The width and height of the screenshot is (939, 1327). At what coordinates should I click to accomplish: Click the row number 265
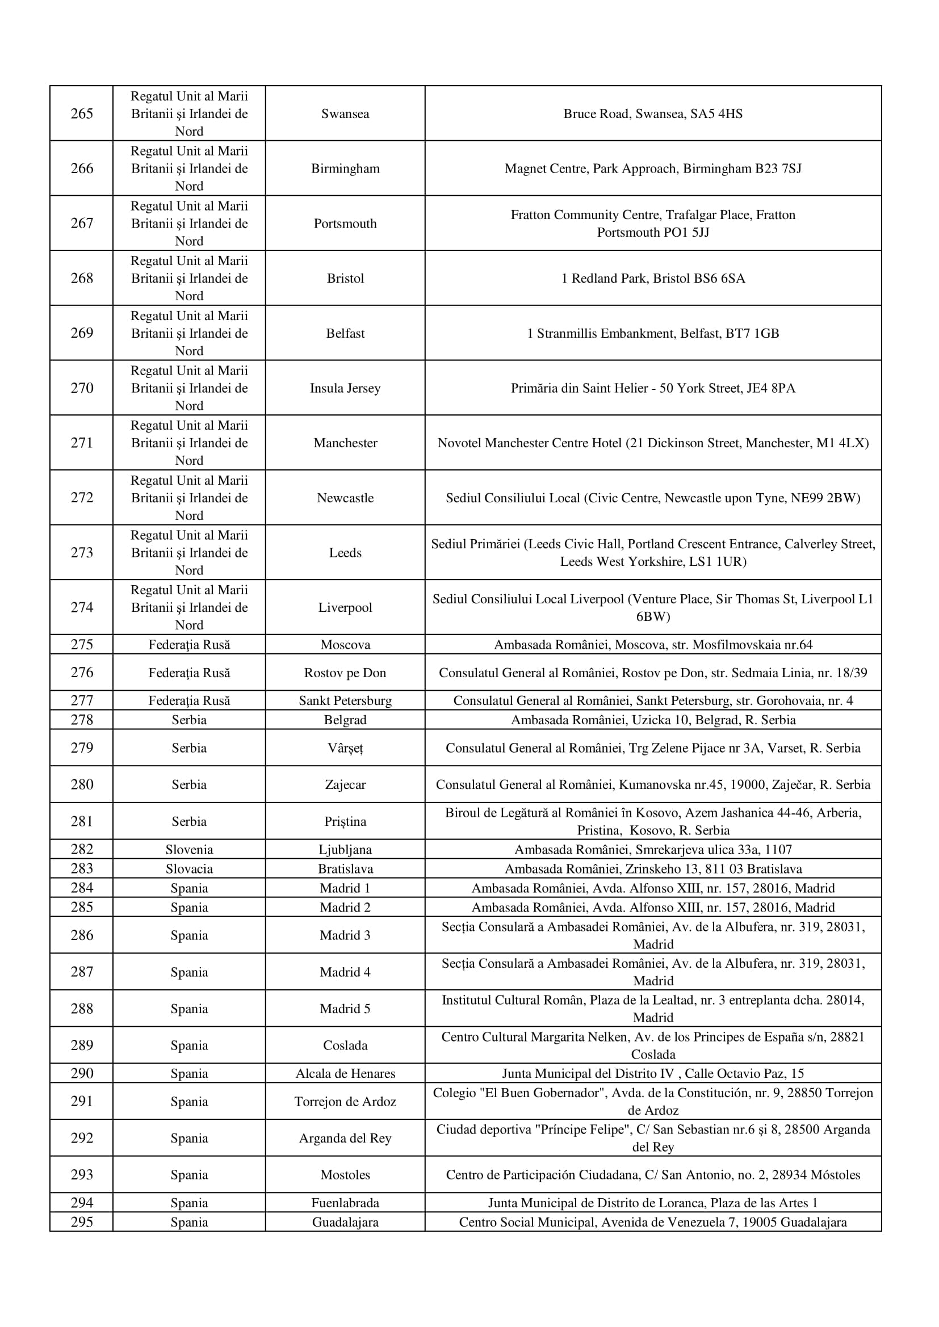82,114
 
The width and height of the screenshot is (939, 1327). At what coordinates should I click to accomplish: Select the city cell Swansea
345,114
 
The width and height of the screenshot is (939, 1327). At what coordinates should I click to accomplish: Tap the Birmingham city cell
345,168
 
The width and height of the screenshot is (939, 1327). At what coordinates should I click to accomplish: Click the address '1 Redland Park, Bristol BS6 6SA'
653,278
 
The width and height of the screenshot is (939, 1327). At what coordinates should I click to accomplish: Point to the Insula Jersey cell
345,388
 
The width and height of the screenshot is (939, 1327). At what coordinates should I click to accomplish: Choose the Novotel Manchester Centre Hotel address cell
653,443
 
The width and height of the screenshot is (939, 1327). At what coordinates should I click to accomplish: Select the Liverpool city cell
345,607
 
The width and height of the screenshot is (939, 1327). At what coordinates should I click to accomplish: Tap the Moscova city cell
345,644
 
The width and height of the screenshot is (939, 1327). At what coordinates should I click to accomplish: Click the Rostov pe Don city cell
345,673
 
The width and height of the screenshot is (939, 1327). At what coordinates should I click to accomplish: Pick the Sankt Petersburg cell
345,700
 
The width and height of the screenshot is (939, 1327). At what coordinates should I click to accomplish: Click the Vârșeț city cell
345,748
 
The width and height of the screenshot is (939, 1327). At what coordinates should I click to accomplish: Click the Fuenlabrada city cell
345,1203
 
